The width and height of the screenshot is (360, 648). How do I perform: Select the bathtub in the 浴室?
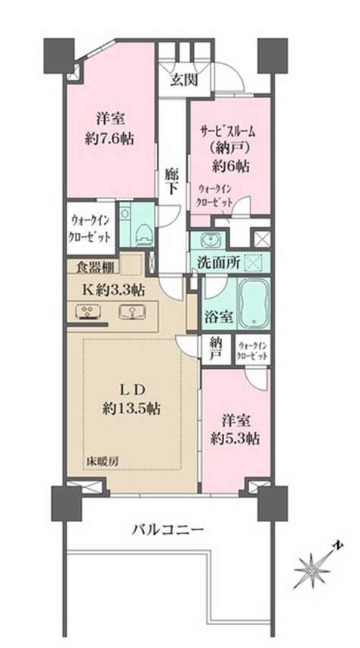click(254, 303)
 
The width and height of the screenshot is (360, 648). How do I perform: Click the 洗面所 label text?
click(218, 263)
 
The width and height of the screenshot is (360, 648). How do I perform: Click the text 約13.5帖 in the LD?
click(131, 408)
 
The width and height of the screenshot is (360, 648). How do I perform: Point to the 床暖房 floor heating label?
click(102, 461)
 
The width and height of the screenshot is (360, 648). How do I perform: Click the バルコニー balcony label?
click(168, 529)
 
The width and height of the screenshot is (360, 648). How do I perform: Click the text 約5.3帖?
click(235, 439)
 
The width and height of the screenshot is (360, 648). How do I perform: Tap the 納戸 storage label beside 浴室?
click(214, 349)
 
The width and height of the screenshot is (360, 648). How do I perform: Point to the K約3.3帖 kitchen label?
click(115, 290)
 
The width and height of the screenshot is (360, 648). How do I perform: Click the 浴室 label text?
click(219, 318)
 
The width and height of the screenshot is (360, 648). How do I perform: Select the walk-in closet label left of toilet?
click(91, 229)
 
